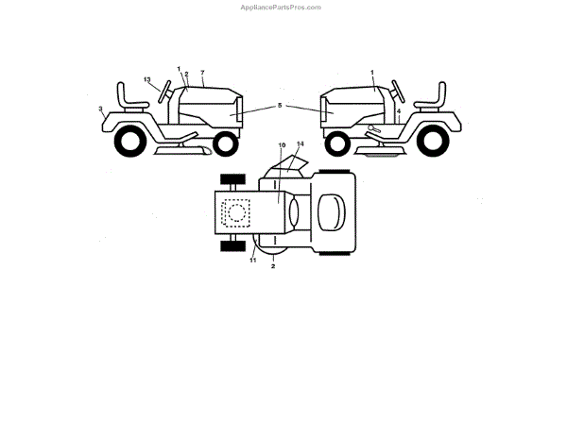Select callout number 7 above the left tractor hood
coord(202,73)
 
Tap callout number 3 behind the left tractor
coord(100,109)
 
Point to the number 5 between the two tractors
coord(279,107)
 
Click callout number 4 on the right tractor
coord(399,111)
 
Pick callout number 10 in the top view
coord(281,145)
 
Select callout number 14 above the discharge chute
coord(301,144)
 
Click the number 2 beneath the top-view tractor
coord(273,268)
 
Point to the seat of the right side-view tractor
coord(436,98)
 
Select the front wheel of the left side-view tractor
coord(224,143)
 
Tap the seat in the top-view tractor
coord(331,211)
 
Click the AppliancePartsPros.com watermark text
coord(282,7)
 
